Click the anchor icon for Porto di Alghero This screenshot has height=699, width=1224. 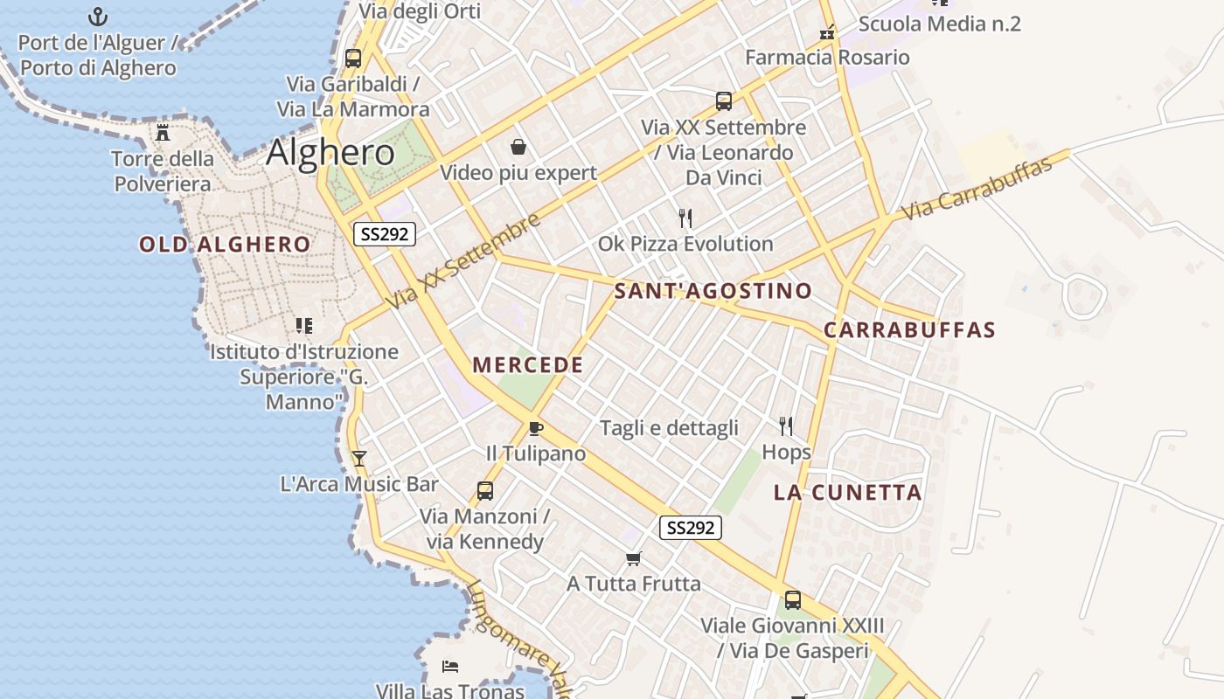click(98, 17)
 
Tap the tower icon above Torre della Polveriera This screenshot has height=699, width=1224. click(163, 133)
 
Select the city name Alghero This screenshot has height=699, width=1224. click(330, 153)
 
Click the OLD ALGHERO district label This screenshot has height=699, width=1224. click(225, 245)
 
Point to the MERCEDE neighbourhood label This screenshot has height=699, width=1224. click(528, 365)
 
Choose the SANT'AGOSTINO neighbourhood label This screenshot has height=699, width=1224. click(713, 291)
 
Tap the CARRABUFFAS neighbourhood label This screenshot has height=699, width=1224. click(909, 330)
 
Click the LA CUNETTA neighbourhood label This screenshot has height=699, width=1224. click(848, 493)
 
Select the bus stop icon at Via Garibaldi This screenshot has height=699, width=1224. click(353, 59)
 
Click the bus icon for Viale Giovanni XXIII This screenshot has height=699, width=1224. click(793, 600)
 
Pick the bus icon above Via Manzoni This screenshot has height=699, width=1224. click(485, 491)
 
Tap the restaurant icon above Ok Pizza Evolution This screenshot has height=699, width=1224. click(685, 218)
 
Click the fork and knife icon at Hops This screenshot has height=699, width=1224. click(786, 426)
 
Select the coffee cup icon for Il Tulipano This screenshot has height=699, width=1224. click(536, 428)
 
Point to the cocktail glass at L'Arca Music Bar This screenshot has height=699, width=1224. click(358, 458)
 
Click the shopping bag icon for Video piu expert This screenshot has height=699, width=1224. click(518, 146)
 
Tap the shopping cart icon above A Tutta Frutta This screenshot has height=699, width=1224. click(634, 558)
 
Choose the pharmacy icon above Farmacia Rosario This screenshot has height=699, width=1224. click(827, 33)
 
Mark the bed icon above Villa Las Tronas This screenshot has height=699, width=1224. click(450, 667)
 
